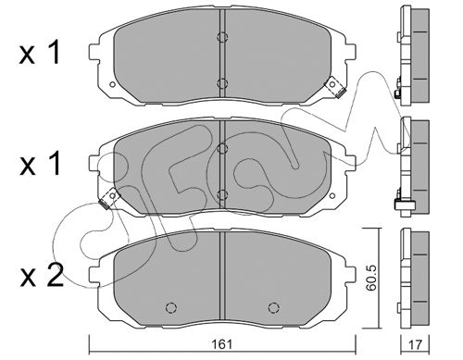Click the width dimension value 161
click(222, 344)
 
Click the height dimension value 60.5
click(371, 278)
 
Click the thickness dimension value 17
click(415, 344)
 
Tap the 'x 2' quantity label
click(42, 276)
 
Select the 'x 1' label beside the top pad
click(39, 53)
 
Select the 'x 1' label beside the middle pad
click(39, 164)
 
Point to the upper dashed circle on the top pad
click(222, 37)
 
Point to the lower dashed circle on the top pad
click(222, 83)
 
